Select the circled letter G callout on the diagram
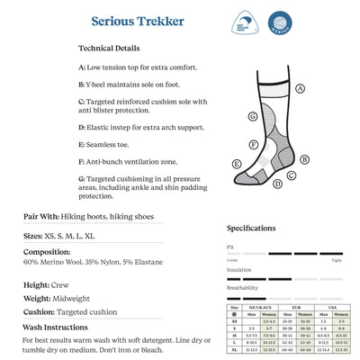[x=253, y=116]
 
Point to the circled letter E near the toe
[x=237, y=165]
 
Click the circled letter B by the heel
[x=304, y=159]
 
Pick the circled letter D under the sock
[x=277, y=184]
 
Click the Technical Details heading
[x=109, y=48]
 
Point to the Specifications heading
[x=251, y=228]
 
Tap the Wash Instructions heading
[x=55, y=327]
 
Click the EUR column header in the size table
[x=301, y=308]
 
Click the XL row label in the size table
[x=233, y=349]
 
